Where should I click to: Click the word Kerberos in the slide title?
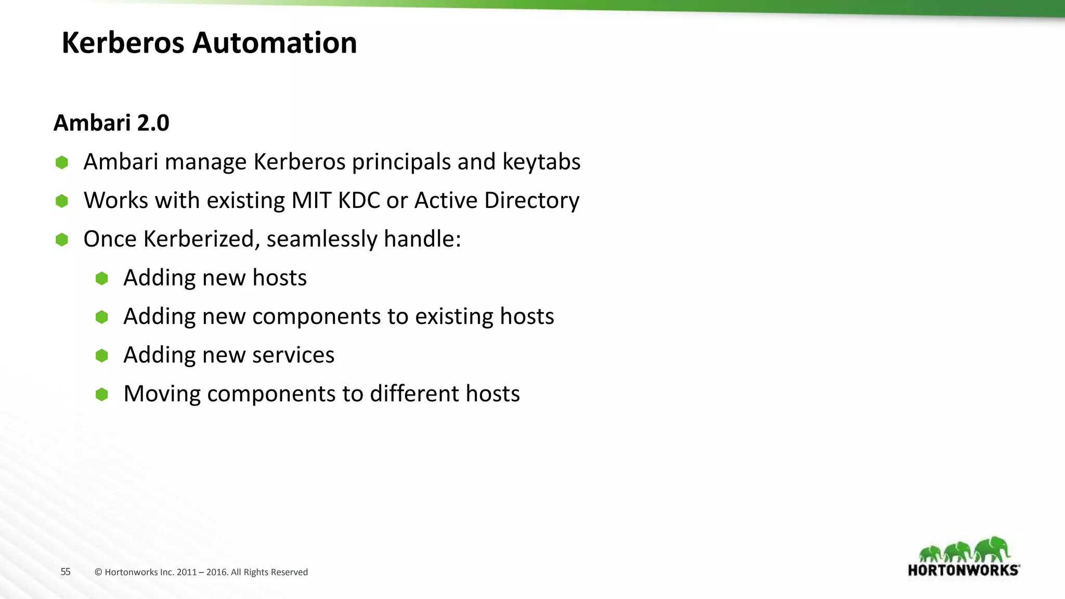pyautogui.click(x=123, y=43)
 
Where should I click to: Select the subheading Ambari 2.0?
pyautogui.click(x=111, y=123)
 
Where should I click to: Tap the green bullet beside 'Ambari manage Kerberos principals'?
pyautogui.click(x=62, y=162)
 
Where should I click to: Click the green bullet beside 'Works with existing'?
pyautogui.click(x=62, y=201)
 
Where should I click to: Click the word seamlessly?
pyautogui.click(x=322, y=239)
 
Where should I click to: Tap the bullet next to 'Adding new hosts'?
pyautogui.click(x=102, y=278)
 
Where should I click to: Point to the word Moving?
pyautogui.click(x=162, y=394)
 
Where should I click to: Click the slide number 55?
pyautogui.click(x=66, y=572)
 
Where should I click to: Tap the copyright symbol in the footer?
pyautogui.click(x=98, y=572)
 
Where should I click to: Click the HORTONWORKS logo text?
pyautogui.click(x=963, y=570)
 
